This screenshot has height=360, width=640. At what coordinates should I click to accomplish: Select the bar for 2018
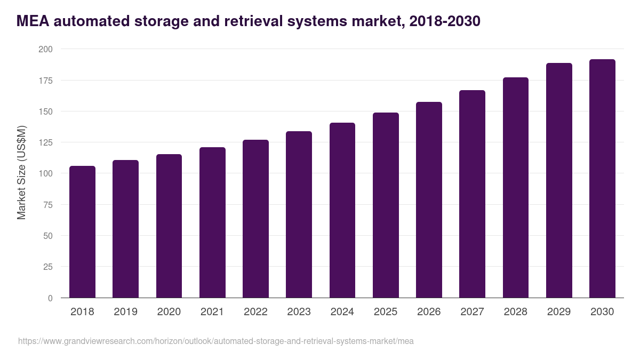pos(82,232)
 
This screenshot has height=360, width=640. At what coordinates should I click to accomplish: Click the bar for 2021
pos(212,222)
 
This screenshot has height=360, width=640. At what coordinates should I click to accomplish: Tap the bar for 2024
pos(342,210)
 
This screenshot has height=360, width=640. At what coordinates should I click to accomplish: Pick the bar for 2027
pos(472,194)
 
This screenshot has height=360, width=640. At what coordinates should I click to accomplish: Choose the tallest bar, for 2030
pos(602,179)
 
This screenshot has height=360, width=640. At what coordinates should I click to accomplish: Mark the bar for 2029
pos(559,180)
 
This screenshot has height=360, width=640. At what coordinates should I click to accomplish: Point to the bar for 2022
pos(255,219)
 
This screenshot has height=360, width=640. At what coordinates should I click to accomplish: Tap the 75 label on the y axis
pos(48,205)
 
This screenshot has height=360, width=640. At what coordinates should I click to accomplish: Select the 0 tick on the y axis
pos(50,298)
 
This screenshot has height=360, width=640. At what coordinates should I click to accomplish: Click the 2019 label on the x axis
pos(125,312)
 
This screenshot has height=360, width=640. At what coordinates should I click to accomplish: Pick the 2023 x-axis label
pos(299,312)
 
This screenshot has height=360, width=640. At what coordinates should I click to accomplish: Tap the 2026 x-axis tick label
pos(429,312)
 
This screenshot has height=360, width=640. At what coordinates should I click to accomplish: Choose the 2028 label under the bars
pos(516,312)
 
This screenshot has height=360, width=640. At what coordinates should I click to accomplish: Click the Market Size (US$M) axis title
pos(21,173)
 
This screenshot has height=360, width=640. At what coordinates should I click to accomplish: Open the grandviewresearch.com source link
pos(215,341)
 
